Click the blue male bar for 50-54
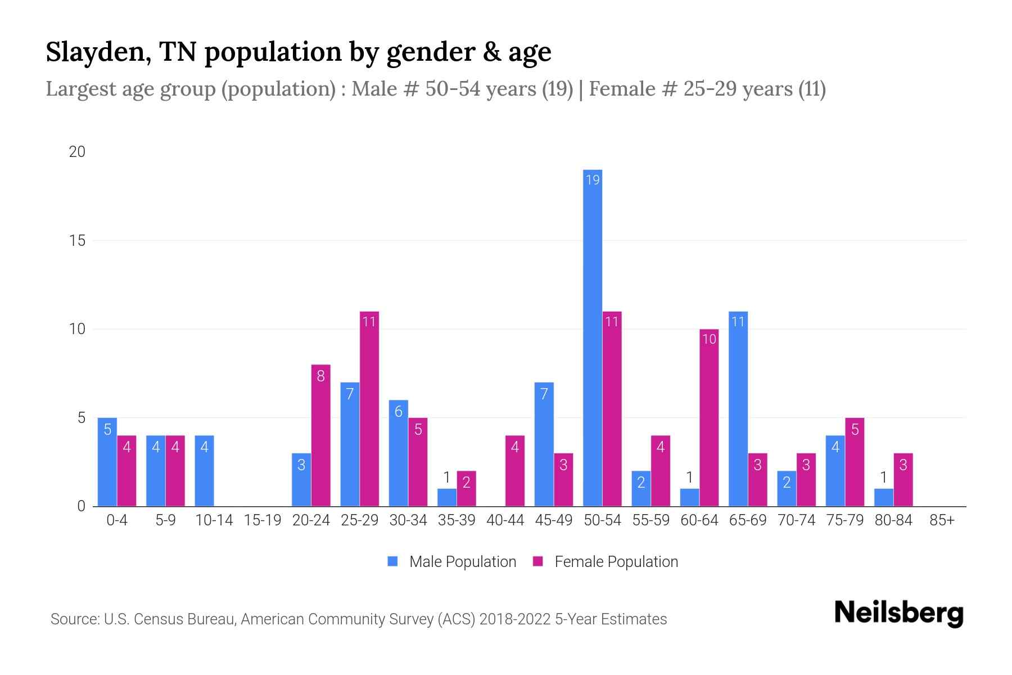(x=593, y=337)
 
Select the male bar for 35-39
(x=447, y=497)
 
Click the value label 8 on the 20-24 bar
(x=320, y=376)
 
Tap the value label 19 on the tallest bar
(x=593, y=180)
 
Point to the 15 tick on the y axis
(x=77, y=241)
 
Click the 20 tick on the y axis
(x=77, y=152)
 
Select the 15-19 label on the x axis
(x=263, y=520)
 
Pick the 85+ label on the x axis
(x=942, y=520)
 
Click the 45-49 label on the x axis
(x=553, y=520)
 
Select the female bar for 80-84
(x=903, y=480)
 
